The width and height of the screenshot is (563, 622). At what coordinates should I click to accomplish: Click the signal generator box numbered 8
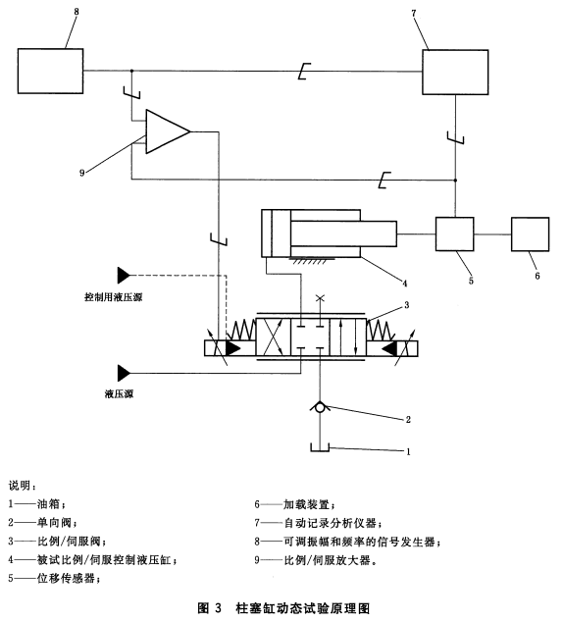pos(50,71)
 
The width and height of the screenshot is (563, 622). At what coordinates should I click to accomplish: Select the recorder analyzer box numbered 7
pos(455,73)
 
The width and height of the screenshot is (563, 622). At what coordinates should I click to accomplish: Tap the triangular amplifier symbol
pos(168,131)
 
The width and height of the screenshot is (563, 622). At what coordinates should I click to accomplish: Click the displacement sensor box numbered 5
pos(455,234)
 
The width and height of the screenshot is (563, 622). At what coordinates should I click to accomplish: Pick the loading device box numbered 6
pos(530,234)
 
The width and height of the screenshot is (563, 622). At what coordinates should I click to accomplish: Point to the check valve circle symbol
pos(320,407)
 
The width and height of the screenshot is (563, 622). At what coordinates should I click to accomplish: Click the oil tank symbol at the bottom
pos(320,447)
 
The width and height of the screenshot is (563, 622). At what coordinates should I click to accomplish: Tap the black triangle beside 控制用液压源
pos(124,276)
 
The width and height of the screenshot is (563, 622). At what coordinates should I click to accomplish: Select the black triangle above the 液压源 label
pos(124,373)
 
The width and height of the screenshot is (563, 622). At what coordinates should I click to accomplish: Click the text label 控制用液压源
pos(114,297)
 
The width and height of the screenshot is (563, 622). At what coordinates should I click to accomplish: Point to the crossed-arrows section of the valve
pos(274,337)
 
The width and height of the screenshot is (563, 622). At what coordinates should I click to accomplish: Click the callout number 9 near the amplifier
pos(82,173)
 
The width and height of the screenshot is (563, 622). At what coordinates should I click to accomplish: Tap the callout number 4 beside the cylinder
pos(404,284)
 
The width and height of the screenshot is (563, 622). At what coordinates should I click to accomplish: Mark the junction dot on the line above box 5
pos(455,181)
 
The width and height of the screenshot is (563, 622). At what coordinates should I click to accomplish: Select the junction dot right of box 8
pos(131,71)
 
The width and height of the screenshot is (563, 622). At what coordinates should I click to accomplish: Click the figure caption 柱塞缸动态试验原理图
pos(303,607)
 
